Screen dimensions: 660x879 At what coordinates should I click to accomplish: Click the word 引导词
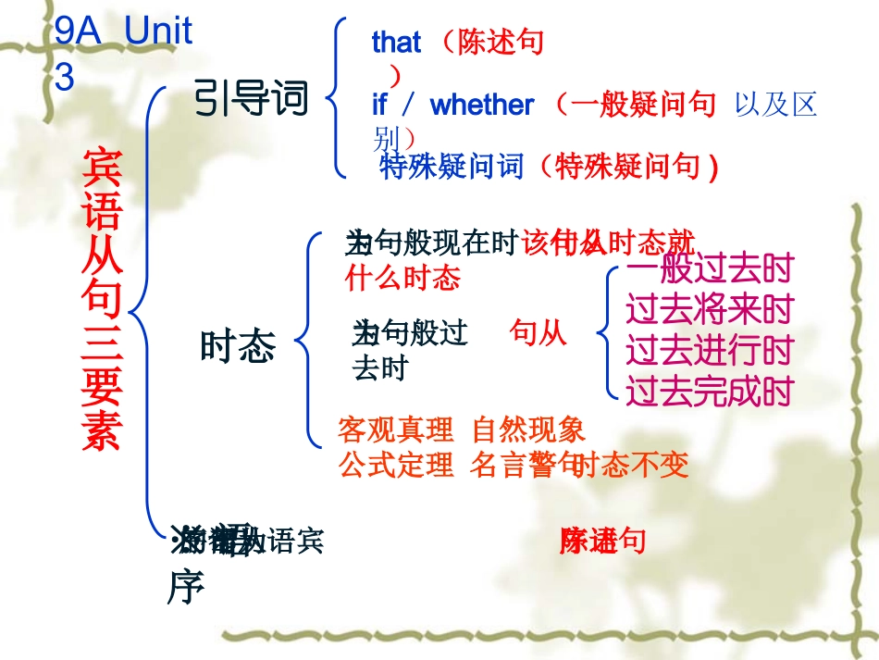(x=251, y=98)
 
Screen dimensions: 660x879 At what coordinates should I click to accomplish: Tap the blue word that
(x=396, y=42)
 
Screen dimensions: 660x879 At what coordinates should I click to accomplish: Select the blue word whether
(x=482, y=105)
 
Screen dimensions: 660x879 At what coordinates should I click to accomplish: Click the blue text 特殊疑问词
(x=452, y=167)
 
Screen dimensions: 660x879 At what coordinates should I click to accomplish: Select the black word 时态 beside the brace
(x=238, y=346)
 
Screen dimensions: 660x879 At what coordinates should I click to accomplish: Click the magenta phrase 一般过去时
(x=709, y=269)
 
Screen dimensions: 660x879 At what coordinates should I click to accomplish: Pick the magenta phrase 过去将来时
(x=709, y=310)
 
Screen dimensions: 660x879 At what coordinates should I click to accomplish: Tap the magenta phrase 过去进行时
(x=709, y=351)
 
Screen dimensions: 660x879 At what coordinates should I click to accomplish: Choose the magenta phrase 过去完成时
(x=709, y=392)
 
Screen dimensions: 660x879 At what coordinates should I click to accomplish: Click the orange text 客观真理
(x=396, y=430)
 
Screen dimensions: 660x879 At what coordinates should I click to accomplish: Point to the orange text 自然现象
(x=528, y=430)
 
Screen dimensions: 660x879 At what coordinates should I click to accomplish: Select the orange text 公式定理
(x=396, y=464)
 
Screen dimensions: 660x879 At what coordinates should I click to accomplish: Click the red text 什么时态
(x=402, y=277)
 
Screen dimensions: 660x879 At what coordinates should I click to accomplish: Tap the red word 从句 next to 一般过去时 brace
(x=539, y=333)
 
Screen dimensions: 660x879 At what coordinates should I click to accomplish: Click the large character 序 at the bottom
(x=186, y=587)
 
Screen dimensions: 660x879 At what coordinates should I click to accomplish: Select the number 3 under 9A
(x=64, y=78)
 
